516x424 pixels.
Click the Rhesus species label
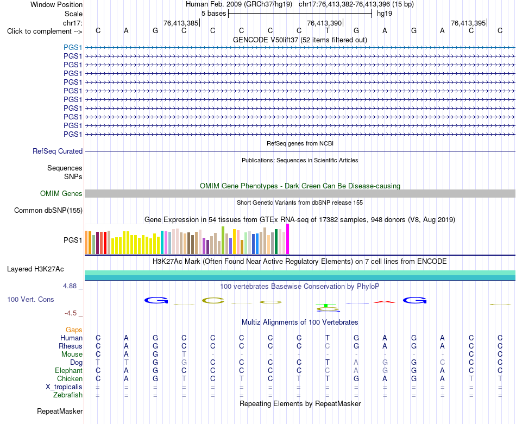pyautogui.click(x=71, y=346)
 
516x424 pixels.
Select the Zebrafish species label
pyautogui.click(x=68, y=395)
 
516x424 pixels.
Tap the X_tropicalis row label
pyautogui.click(x=64, y=387)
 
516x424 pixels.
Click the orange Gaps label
pyautogui.click(x=74, y=330)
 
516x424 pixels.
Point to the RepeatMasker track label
pyautogui.click(x=60, y=411)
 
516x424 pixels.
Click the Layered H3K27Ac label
pyautogui.click(x=35, y=269)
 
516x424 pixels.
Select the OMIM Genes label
pyautogui.click(x=61, y=193)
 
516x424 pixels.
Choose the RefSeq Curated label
pyautogui.click(x=57, y=151)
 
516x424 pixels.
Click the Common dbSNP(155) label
pyautogui.click(x=48, y=211)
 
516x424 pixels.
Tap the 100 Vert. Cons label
pyautogui.click(x=30, y=299)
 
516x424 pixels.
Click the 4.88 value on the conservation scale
pyautogui.click(x=70, y=286)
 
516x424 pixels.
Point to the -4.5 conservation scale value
pyautogui.click(x=71, y=313)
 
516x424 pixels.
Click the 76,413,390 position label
pyautogui.click(x=324, y=23)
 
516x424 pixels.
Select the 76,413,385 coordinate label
pyautogui.click(x=181, y=23)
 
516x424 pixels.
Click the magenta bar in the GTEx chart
pyautogui.click(x=288, y=239)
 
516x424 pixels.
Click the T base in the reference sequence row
pyautogui.click(x=328, y=30)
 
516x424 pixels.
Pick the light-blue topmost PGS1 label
pyautogui.click(x=73, y=47)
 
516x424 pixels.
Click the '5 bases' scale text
pyautogui.click(x=214, y=14)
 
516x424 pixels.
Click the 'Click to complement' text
pyautogui.click(x=45, y=31)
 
